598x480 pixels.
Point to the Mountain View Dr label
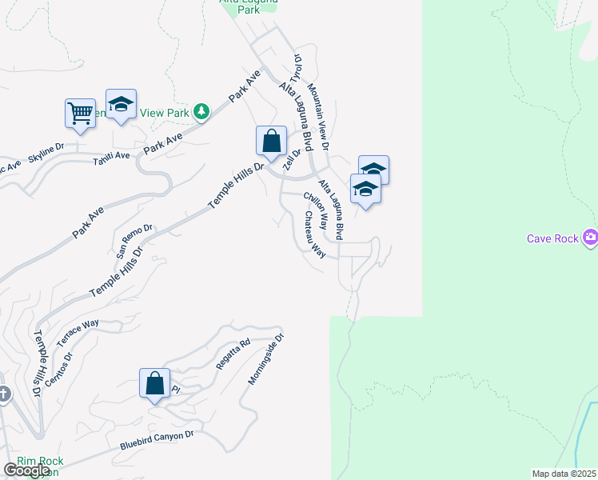[317, 118]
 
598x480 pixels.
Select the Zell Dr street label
[292, 160]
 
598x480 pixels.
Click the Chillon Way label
[316, 210]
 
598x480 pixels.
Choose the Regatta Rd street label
[233, 353]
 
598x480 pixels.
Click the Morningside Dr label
[265, 359]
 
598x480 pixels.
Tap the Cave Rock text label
[552, 238]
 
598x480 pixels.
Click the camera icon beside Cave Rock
[591, 237]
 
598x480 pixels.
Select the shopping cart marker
[80, 113]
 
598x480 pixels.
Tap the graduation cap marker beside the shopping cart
[121, 104]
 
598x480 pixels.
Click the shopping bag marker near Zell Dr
[271, 141]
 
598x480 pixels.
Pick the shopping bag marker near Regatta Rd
[154, 383]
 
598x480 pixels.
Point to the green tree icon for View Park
[201, 112]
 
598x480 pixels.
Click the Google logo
[27, 470]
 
